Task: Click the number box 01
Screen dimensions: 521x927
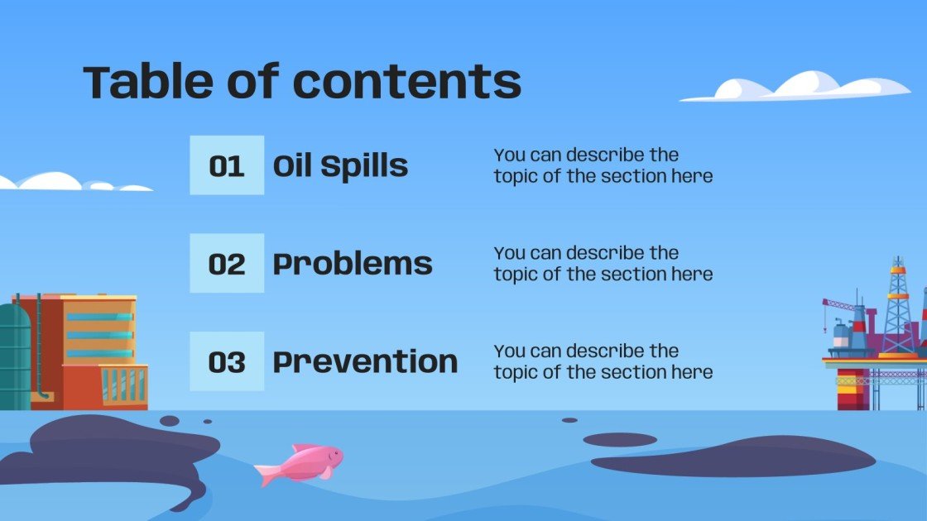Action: (227, 165)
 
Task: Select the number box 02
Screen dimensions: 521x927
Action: (227, 264)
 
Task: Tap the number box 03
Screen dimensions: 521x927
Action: (227, 361)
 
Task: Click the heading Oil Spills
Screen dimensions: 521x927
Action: (340, 166)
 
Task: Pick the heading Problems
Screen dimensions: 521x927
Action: (353, 264)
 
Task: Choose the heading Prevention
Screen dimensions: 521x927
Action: (365, 361)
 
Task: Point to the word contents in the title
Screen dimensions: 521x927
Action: (407, 82)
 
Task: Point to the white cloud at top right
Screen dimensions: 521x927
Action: (799, 87)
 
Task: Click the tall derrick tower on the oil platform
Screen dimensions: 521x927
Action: (898, 302)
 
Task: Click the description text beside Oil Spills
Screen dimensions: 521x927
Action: (603, 165)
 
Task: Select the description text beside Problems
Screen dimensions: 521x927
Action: (603, 264)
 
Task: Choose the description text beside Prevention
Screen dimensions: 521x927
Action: (603, 361)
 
